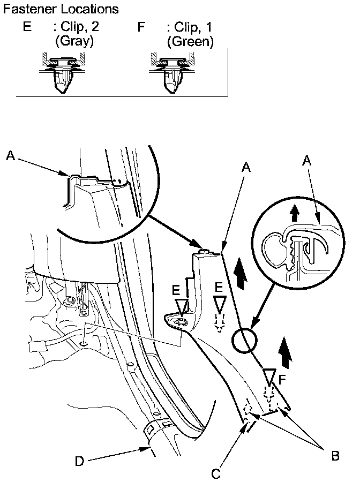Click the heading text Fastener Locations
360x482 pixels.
[61, 10]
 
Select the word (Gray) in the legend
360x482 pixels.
[74, 41]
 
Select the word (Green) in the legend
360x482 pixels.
[190, 41]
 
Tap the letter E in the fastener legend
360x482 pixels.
[27, 27]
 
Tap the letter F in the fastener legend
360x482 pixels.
[141, 27]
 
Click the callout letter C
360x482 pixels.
[215, 473]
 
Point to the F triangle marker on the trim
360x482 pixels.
[270, 376]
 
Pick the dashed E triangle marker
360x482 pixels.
[219, 306]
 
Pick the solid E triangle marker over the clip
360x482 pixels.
[183, 307]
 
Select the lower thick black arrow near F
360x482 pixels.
[287, 354]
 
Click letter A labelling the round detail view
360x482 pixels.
[307, 160]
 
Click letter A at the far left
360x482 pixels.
[11, 155]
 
